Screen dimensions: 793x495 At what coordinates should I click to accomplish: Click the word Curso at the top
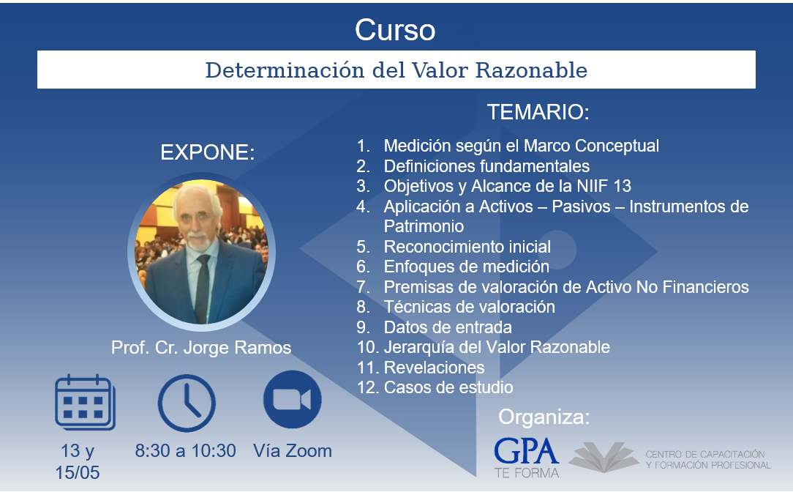(x=395, y=30)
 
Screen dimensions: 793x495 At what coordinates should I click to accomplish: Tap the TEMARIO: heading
(x=538, y=112)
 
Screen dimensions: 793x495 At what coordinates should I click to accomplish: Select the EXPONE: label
(x=207, y=152)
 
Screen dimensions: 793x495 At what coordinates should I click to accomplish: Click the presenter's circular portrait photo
(x=201, y=252)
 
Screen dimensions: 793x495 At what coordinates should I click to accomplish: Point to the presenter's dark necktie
(x=203, y=289)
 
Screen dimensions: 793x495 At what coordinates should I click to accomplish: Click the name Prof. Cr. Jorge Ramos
(x=201, y=348)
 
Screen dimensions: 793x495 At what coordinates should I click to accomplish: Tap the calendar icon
(x=85, y=403)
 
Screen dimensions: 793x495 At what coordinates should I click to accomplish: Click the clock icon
(x=187, y=403)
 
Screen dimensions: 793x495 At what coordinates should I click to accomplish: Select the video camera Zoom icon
(x=293, y=399)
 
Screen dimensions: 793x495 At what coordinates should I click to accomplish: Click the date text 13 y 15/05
(x=78, y=461)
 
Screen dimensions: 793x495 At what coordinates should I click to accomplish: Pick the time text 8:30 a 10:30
(x=185, y=450)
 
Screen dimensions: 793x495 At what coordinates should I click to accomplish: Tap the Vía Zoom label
(x=293, y=450)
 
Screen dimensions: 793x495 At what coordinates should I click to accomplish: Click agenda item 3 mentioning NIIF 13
(x=494, y=186)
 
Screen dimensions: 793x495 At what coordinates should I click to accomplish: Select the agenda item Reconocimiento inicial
(x=454, y=247)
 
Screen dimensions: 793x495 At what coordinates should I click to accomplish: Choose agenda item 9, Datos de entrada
(x=434, y=327)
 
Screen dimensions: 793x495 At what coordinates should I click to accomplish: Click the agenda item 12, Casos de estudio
(x=435, y=387)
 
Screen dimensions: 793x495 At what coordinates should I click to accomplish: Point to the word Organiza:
(x=544, y=417)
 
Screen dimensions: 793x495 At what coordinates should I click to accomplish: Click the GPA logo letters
(x=527, y=452)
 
